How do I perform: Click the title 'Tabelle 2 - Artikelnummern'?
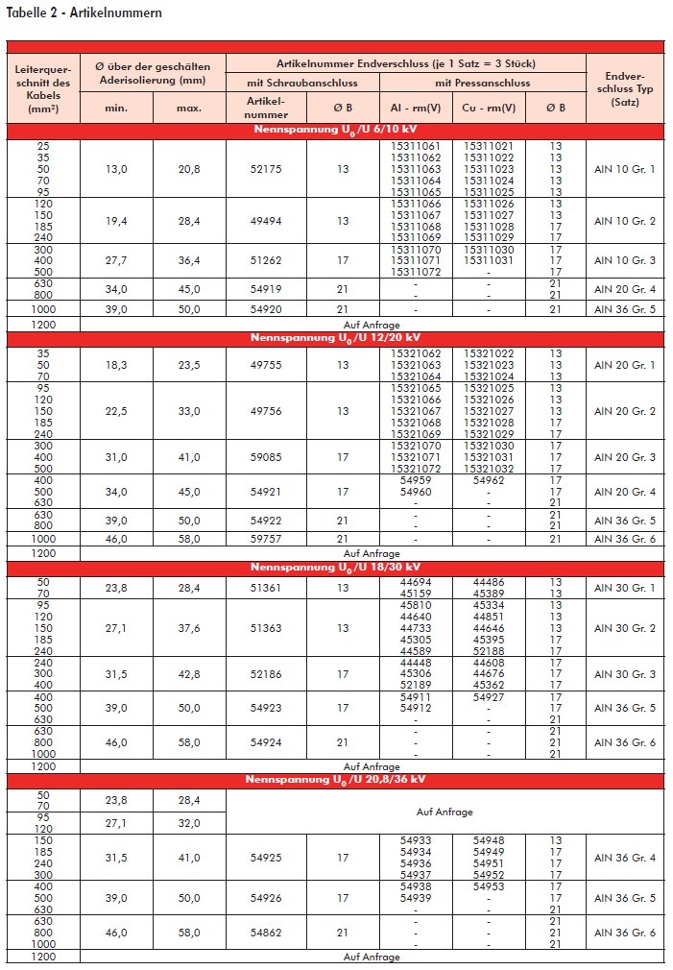[x=84, y=13]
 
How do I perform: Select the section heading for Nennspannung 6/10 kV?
[x=336, y=129]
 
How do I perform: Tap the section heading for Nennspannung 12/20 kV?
[x=336, y=337]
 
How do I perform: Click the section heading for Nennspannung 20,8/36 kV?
[x=336, y=779]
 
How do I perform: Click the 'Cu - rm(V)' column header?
[x=488, y=108]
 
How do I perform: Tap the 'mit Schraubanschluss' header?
[x=303, y=83]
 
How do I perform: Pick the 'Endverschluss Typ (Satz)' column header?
[x=624, y=89]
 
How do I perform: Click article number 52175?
[x=266, y=169]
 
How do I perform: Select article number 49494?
[x=266, y=221]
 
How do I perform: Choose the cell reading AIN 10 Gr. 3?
[x=624, y=260]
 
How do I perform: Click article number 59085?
[x=266, y=457]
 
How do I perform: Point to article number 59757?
[x=266, y=540]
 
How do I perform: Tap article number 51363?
[x=266, y=628]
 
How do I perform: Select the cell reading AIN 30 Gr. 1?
[x=624, y=588]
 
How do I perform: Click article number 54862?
[x=266, y=933]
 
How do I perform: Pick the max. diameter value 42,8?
[x=189, y=674]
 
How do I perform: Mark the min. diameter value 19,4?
[x=116, y=221]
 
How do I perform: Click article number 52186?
[x=266, y=674]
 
